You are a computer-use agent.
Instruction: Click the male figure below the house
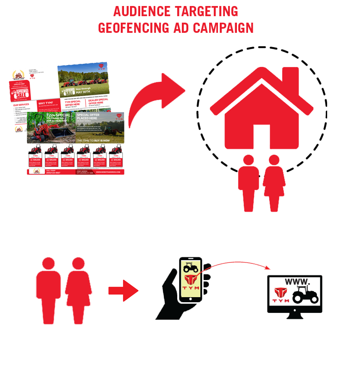tap(248, 183)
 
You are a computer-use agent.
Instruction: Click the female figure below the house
tap(274, 183)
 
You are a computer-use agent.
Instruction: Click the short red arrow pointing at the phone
tap(123, 290)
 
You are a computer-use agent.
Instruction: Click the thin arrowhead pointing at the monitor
tap(268, 268)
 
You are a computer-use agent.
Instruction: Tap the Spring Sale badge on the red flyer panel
tap(19, 93)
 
